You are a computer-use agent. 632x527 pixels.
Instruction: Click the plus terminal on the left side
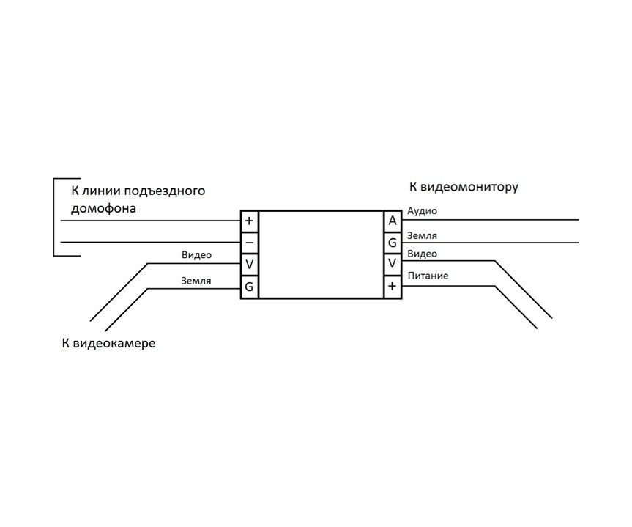[x=250, y=221]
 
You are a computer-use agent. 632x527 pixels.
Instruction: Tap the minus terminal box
[x=250, y=243]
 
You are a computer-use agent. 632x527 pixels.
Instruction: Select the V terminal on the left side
[x=250, y=265]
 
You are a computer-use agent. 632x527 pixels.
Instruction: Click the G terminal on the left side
[x=250, y=287]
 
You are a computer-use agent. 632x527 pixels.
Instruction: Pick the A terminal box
[x=393, y=221]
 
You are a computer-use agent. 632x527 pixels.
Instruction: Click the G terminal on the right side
[x=393, y=243]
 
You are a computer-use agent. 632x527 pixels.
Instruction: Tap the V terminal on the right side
[x=393, y=265]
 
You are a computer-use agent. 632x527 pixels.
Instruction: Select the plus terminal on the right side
[x=393, y=287]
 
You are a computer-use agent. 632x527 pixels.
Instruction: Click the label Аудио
[x=422, y=211]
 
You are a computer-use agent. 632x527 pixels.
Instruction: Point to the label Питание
[x=428, y=276]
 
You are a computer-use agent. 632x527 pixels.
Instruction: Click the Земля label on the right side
[x=422, y=236]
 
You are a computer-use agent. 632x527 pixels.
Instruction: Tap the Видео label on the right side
[x=423, y=254]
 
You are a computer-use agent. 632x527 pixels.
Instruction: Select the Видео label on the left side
[x=197, y=255]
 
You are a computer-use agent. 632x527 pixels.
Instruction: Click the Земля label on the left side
[x=196, y=281]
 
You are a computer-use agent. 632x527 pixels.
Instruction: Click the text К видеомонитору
[x=464, y=187]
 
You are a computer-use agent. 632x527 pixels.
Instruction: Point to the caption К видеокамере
[x=109, y=344]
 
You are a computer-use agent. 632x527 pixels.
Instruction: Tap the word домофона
[x=103, y=209]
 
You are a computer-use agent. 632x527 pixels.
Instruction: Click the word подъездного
[x=165, y=191]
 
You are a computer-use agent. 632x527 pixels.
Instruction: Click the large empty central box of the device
[x=321, y=254]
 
